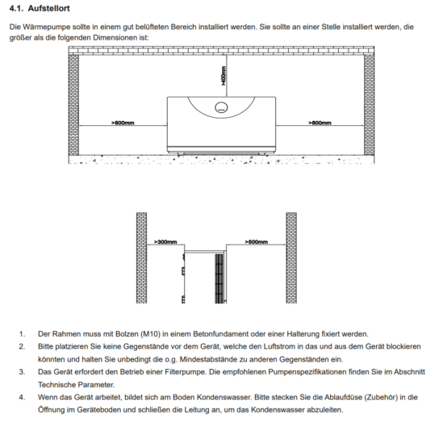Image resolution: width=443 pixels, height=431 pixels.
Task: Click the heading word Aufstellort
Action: click(x=48, y=9)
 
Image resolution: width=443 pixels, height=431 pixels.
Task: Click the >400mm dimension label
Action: click(x=224, y=76)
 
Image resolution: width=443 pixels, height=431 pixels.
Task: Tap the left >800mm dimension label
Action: click(x=123, y=123)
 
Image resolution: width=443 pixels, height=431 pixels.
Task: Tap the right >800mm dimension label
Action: click(x=320, y=123)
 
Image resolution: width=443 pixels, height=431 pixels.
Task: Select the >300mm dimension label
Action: click(x=165, y=242)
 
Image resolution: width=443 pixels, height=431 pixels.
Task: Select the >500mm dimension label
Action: click(x=257, y=242)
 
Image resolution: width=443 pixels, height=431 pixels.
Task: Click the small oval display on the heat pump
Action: click(x=221, y=107)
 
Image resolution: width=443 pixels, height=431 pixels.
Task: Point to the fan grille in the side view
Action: click(x=219, y=278)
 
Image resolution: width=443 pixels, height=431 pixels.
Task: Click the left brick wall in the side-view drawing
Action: click(x=141, y=258)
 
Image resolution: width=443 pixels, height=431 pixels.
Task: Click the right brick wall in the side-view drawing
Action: click(x=291, y=258)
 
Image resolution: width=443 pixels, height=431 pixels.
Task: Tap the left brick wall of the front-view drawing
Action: click(x=73, y=105)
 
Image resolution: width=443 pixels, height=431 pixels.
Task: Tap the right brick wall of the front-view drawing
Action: click(x=369, y=105)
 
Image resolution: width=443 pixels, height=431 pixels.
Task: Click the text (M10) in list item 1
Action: click(x=150, y=334)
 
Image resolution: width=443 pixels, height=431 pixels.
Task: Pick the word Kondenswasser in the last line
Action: click(x=278, y=410)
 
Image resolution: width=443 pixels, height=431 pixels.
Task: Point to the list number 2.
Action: click(x=22, y=347)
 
